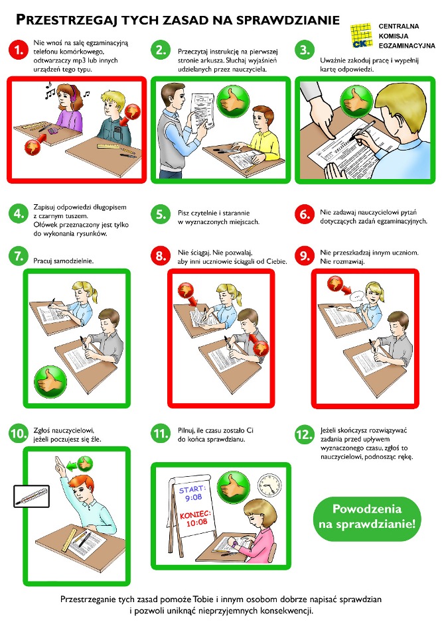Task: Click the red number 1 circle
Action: tap(19, 50)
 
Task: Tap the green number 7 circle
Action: tap(19, 256)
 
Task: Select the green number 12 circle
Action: tap(304, 434)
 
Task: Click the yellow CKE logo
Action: tap(361, 35)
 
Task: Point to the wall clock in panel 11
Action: tap(269, 486)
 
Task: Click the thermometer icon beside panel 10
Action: tap(31, 496)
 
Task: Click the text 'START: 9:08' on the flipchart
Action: tap(192, 493)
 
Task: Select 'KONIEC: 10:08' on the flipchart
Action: tap(196, 517)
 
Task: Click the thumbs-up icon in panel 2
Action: tap(234, 101)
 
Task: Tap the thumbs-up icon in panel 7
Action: tap(50, 382)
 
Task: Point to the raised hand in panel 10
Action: tap(60, 466)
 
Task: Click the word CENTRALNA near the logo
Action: tap(399, 27)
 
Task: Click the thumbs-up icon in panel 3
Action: tap(356, 101)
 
